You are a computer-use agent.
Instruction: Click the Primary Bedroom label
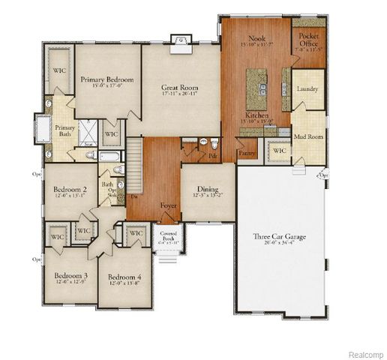(x=107, y=79)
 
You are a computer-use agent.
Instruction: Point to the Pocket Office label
(x=308, y=40)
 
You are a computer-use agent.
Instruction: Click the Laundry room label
(x=307, y=90)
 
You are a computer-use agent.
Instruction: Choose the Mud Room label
(x=307, y=136)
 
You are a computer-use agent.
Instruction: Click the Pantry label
(x=247, y=153)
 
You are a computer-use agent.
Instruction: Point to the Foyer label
(x=169, y=204)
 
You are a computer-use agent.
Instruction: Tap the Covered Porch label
(x=168, y=235)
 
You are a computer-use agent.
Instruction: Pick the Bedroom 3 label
(x=70, y=275)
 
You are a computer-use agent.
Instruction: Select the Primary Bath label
(x=64, y=132)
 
